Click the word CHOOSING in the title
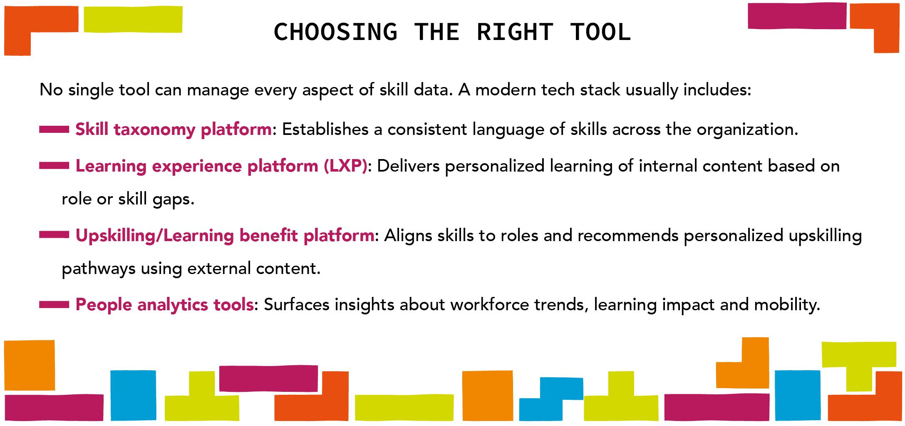335,32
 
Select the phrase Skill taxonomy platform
174,130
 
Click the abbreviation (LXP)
345,166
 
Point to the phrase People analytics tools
164,305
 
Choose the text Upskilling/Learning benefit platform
225,236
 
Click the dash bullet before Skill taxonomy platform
54,130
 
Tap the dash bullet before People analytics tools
54,305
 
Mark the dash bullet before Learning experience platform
54,166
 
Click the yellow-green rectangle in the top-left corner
133,19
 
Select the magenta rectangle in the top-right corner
797,16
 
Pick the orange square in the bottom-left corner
30,365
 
